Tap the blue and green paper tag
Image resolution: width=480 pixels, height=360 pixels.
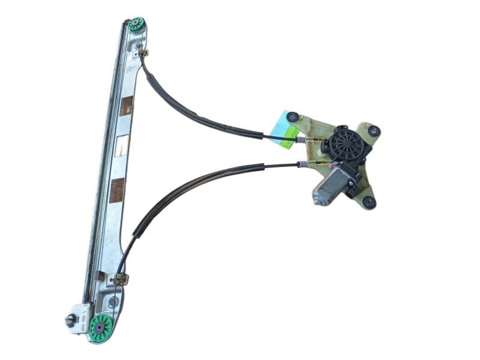[286, 126]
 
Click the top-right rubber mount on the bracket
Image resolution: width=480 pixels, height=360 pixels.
[374, 130]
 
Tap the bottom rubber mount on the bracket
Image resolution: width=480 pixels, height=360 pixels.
[369, 202]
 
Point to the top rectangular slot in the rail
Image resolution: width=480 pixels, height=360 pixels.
[127, 107]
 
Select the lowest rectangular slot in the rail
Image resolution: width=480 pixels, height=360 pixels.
[117, 190]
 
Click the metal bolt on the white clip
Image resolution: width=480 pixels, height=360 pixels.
[69, 321]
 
